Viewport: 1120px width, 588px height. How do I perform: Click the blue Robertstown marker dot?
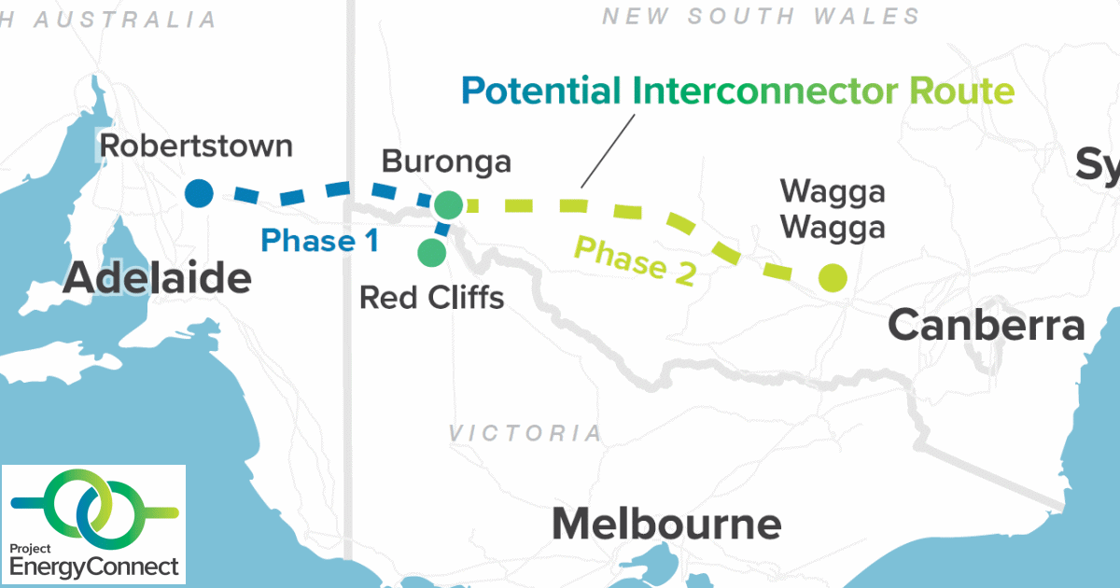199,193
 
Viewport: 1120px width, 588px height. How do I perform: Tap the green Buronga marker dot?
448,204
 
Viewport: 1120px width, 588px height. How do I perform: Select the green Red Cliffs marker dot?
431,252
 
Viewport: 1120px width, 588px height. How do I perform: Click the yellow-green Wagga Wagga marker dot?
832,277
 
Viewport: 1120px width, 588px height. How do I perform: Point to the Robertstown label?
196,147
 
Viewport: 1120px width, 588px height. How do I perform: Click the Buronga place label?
446,162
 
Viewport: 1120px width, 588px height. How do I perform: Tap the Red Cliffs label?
431,298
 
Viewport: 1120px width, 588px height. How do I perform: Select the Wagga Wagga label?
832,209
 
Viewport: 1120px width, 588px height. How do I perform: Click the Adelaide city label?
157,278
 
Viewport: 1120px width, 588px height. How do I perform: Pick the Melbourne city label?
666,525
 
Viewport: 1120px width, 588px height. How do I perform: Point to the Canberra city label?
987,326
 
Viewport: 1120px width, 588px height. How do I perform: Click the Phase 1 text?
319,241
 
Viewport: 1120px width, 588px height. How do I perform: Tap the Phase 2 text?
635,260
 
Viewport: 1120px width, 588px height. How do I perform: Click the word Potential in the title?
541,91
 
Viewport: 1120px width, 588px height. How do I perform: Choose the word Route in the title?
961,91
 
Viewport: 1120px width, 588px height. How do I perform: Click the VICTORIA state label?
525,433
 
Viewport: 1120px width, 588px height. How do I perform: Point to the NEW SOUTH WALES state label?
761,16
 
